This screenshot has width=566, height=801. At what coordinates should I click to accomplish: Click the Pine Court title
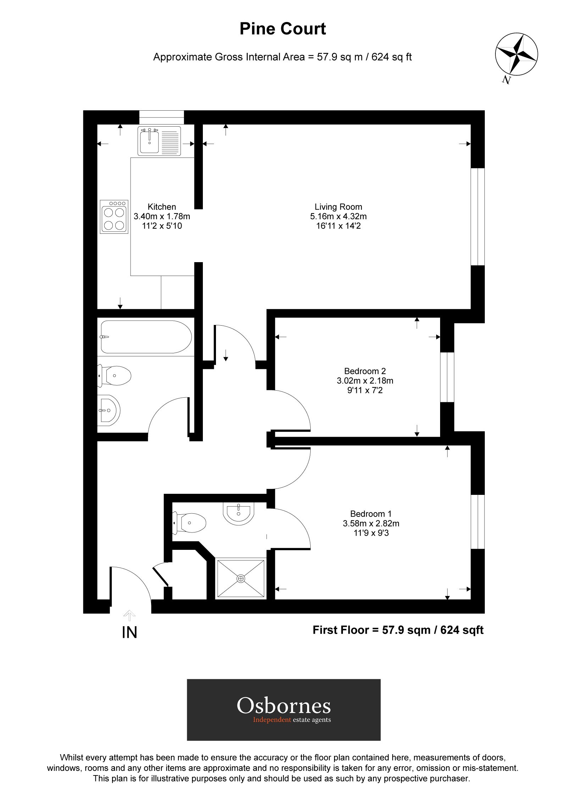click(x=283, y=29)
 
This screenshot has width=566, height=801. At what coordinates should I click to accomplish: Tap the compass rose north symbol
click(x=516, y=56)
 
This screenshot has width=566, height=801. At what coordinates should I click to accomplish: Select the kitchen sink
click(x=160, y=141)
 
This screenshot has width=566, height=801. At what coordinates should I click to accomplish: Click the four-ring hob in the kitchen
click(x=114, y=216)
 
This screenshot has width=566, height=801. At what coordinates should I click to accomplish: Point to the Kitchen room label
click(x=162, y=207)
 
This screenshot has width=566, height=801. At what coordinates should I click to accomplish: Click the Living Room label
click(x=338, y=207)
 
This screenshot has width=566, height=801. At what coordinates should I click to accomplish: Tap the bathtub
click(x=146, y=337)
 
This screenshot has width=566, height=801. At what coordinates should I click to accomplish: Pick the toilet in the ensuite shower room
click(x=190, y=523)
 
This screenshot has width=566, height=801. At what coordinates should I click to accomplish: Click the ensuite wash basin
click(x=239, y=513)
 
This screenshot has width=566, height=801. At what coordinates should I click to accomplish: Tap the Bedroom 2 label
click(x=365, y=371)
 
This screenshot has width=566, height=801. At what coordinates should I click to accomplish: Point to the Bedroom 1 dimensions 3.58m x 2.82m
click(x=371, y=523)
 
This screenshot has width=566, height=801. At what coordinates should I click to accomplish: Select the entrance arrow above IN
click(x=129, y=615)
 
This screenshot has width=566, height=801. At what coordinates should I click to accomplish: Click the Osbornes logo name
click(x=284, y=706)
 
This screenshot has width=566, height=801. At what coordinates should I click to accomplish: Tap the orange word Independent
click(x=272, y=720)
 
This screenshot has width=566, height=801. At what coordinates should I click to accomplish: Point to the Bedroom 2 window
click(x=447, y=377)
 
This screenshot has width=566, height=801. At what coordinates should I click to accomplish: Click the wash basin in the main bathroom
click(x=109, y=410)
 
